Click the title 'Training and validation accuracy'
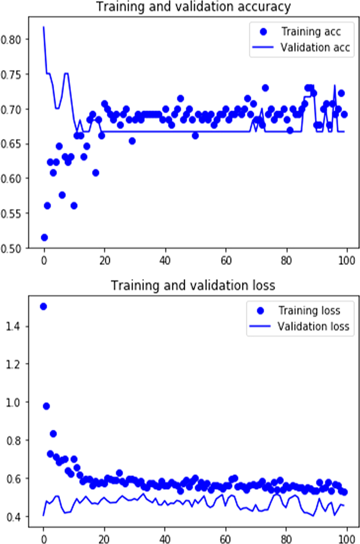point(193,7)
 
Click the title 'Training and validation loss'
point(193,285)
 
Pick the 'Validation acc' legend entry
point(315,47)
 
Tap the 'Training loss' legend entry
point(309,310)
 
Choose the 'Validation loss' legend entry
point(313,326)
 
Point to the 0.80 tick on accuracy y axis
point(14,39)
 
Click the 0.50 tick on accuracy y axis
point(14,248)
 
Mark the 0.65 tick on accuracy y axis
point(14,144)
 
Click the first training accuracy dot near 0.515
point(44,237)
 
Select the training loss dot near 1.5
point(43,307)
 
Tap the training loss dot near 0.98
point(47,406)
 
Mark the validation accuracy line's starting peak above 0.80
point(44,27)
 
